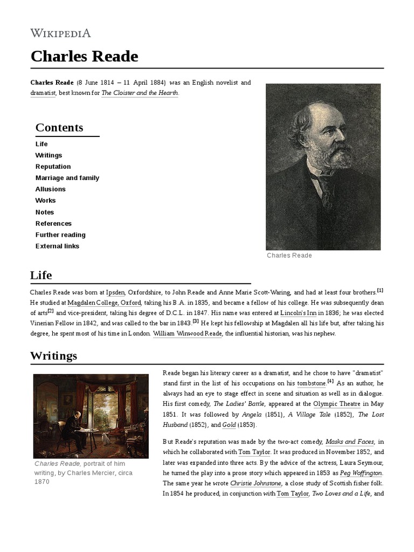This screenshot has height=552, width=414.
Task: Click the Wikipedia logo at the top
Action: (x=60, y=33)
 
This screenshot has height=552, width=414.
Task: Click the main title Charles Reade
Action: (x=84, y=56)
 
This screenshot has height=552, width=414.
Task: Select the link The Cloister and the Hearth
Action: (x=140, y=93)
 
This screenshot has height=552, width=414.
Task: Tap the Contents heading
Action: (x=59, y=128)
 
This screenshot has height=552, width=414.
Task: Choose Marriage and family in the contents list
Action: (x=67, y=178)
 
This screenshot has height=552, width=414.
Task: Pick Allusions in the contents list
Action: (x=51, y=189)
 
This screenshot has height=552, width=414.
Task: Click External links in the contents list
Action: (x=57, y=246)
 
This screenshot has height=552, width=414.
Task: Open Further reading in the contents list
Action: (x=60, y=235)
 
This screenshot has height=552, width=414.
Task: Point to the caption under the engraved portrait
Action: (x=289, y=256)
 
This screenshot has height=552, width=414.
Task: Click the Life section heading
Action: (x=41, y=275)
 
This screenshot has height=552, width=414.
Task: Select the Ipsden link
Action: (x=115, y=292)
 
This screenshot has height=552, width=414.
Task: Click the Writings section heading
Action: (x=53, y=356)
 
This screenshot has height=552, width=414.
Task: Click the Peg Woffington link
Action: (x=361, y=472)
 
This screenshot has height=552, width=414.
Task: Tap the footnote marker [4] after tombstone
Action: (x=330, y=382)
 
